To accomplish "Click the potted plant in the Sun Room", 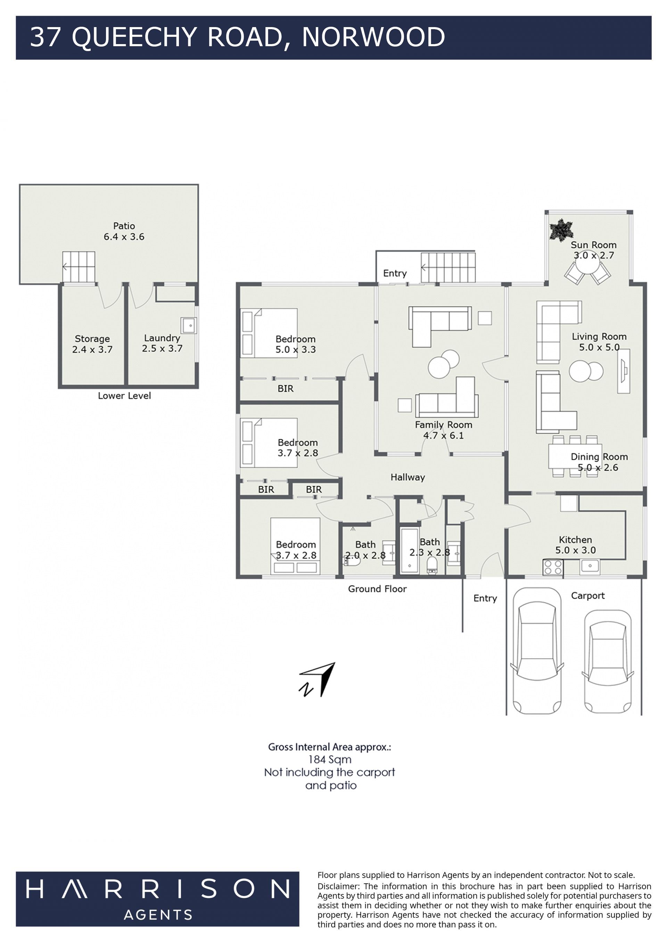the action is click(x=561, y=230).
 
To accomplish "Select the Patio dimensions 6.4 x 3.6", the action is click(x=124, y=237).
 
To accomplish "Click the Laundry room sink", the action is click(x=189, y=325).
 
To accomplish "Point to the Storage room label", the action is click(x=92, y=339).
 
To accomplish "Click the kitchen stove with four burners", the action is click(x=553, y=568).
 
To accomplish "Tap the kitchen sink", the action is click(x=590, y=566).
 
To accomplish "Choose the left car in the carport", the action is click(x=536, y=651).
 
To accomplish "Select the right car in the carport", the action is click(x=608, y=662).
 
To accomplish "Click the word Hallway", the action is click(x=407, y=477).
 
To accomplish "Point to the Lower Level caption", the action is click(x=124, y=396).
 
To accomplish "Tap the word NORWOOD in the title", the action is click(x=373, y=37).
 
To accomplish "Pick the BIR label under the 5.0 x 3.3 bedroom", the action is click(x=286, y=389).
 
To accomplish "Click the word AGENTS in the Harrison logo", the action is click(x=158, y=915).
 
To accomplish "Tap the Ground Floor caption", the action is click(x=378, y=589).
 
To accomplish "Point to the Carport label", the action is click(x=588, y=596).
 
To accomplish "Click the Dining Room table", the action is click(x=575, y=456).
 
